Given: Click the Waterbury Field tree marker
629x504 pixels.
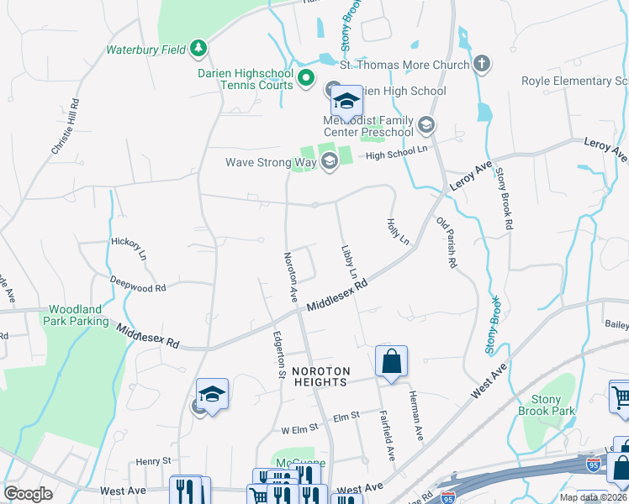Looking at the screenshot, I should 198,49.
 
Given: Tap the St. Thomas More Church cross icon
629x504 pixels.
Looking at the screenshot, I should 482,64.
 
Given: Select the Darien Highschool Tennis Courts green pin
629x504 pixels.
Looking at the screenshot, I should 306,81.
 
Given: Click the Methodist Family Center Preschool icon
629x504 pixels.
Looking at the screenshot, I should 426,126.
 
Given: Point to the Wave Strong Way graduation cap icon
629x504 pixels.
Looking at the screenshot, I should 329,162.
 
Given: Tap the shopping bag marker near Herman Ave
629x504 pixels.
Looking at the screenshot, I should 391,362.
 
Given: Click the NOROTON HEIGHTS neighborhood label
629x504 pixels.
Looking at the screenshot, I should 320,376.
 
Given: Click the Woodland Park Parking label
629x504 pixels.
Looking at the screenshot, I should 78,315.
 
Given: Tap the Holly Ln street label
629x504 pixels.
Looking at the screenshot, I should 397,231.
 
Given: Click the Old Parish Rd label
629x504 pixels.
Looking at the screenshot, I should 446,243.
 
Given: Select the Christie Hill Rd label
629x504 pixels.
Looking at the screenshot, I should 66,126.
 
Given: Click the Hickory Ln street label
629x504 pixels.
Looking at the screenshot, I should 129,248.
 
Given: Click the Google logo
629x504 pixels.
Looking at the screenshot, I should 28,493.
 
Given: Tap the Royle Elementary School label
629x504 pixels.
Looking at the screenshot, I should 575,81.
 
